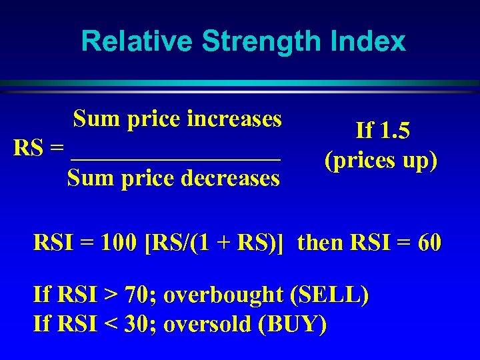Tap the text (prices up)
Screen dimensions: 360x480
click(381, 161)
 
